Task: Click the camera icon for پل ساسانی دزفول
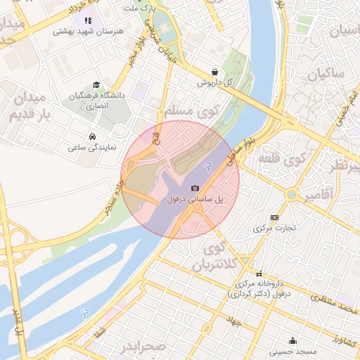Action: pyautogui.click(x=195, y=188)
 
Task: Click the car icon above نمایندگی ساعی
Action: pyautogui.click(x=92, y=136)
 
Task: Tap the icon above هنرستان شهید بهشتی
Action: pyautogui.click(x=88, y=20)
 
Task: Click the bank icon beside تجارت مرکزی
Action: pyautogui.click(x=274, y=217)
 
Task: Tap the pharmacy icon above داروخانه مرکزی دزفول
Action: pyautogui.click(x=259, y=274)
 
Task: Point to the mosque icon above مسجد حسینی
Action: pyautogui.click(x=293, y=340)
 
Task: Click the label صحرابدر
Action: pyautogui.click(x=142, y=348)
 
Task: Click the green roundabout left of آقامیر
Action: pyautogui.click(x=291, y=193)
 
